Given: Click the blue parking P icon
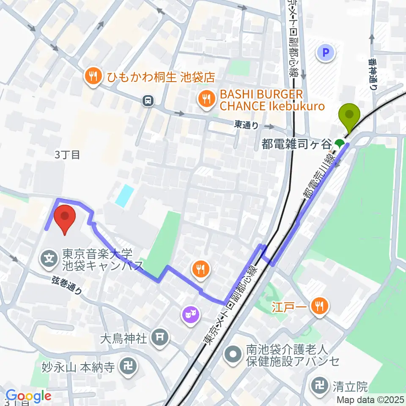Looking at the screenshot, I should pyautogui.click(x=326, y=53).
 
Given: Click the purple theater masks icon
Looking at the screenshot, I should pyautogui.click(x=190, y=314).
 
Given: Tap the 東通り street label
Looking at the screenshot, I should pyautogui.click(x=246, y=125).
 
